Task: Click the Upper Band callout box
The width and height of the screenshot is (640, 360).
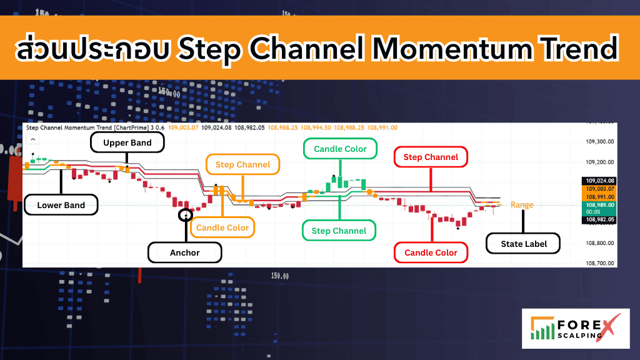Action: click(x=127, y=142)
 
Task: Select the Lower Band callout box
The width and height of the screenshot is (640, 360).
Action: click(x=61, y=205)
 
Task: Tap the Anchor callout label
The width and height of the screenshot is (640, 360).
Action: click(x=185, y=252)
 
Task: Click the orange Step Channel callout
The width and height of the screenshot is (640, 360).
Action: click(x=243, y=164)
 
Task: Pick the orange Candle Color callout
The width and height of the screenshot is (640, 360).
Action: click(x=222, y=227)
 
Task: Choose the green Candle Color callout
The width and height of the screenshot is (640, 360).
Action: click(x=341, y=149)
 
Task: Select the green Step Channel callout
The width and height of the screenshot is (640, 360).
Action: click(x=339, y=231)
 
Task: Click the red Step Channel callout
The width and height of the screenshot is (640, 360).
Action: click(x=431, y=157)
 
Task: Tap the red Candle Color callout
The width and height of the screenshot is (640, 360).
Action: click(x=431, y=252)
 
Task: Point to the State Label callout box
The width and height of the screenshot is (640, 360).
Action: click(x=523, y=244)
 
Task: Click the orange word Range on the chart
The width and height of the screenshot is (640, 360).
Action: click(x=522, y=204)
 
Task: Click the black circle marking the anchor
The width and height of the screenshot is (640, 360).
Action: click(x=186, y=214)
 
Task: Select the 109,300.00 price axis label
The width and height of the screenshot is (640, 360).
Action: click(x=599, y=142)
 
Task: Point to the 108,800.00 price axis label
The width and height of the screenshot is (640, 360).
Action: click(x=599, y=243)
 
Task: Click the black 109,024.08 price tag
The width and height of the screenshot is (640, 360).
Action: click(x=599, y=181)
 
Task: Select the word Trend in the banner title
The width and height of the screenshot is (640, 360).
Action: click(x=580, y=48)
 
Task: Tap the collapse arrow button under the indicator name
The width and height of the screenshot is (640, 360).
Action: click(x=33, y=139)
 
